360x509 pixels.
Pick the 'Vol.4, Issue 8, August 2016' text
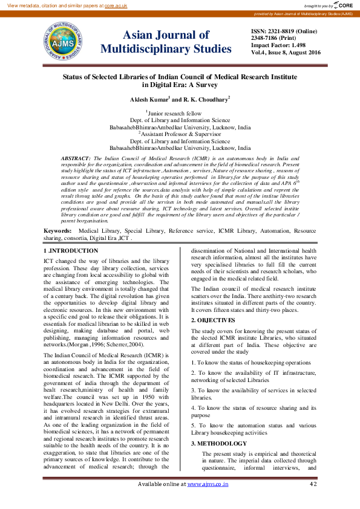(x=286, y=53)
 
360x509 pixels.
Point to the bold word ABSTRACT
(x=77, y=157)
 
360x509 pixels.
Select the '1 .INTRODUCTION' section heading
(x=71, y=250)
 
